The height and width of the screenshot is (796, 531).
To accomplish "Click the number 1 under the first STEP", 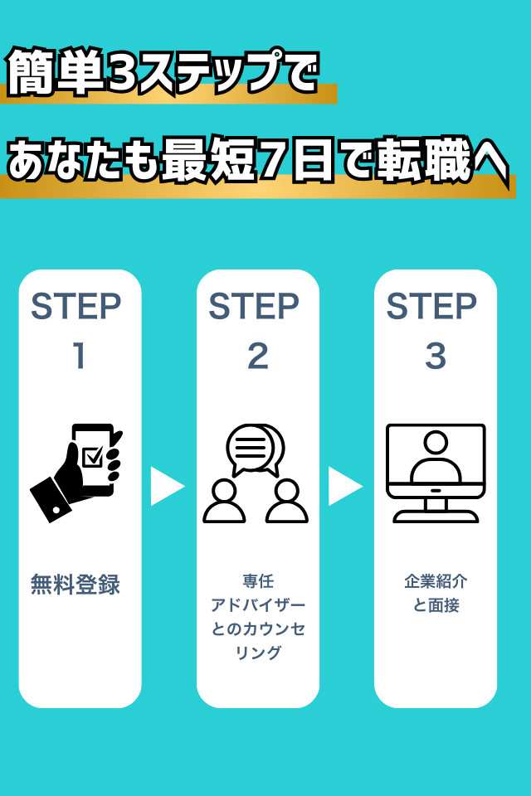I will pyautogui.click(x=80, y=357).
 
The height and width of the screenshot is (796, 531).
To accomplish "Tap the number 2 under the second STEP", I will pyautogui.click(x=257, y=357).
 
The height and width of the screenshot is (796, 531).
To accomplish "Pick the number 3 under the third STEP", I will pyautogui.click(x=436, y=357).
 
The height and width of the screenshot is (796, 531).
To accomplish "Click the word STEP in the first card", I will pyautogui.click(x=76, y=307).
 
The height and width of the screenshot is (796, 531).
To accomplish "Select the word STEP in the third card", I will pyautogui.click(x=431, y=307).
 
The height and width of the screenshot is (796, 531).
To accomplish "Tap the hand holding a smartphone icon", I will pyautogui.click(x=76, y=471).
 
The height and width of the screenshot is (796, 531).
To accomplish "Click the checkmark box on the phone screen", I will pyautogui.click(x=93, y=454).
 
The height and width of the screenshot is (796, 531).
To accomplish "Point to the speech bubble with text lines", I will pyautogui.click(x=249, y=449).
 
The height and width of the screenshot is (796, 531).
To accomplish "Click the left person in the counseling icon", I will pyautogui.click(x=224, y=502).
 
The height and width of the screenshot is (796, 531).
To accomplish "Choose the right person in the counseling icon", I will pyautogui.click(x=287, y=502).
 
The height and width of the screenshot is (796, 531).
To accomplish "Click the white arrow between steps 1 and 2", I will pyautogui.click(x=166, y=486).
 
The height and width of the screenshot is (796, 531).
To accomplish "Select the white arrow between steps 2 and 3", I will pyautogui.click(x=344, y=486).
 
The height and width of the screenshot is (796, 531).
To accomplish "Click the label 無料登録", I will pyautogui.click(x=76, y=585).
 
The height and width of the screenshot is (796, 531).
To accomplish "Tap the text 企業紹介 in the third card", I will pyautogui.click(x=436, y=582).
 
